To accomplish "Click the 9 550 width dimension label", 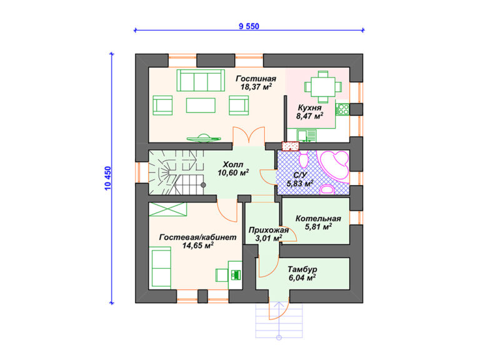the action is pyautogui.click(x=249, y=26).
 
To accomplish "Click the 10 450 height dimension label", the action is pyautogui.click(x=108, y=179).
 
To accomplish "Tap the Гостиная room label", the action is pyautogui.click(x=256, y=79).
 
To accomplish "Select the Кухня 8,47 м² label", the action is pyautogui.click(x=310, y=112).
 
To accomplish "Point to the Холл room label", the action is pyautogui.click(x=233, y=164).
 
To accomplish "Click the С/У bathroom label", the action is pyautogui.click(x=300, y=175).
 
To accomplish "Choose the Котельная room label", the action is pyautogui.click(x=318, y=219).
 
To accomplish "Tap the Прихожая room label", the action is pyautogui.click(x=269, y=230).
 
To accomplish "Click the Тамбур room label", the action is pyautogui.click(x=302, y=269).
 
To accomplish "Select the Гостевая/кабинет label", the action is pyautogui.click(x=197, y=237).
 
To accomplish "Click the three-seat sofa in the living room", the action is pyautogui.click(x=201, y=80).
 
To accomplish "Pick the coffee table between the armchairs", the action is pyautogui.click(x=201, y=105).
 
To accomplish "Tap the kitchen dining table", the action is pyautogui.click(x=323, y=87).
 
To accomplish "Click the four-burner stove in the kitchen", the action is pyautogui.click(x=342, y=109).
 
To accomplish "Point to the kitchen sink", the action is pyautogui.click(x=306, y=136).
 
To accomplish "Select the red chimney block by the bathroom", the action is pyautogui.click(x=290, y=146).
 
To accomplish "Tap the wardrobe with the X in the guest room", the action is pyautogui.click(x=167, y=209).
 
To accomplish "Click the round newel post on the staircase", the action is pyautogui.click(x=203, y=185).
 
